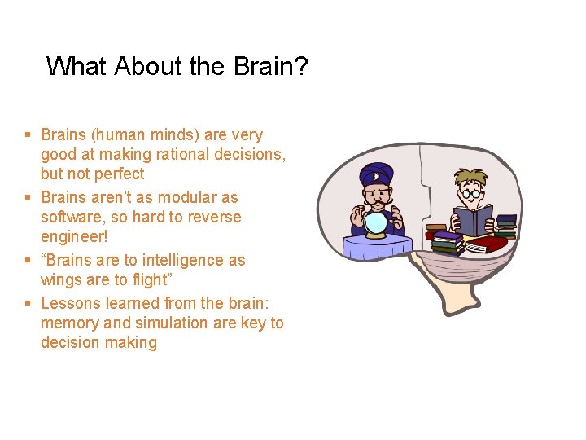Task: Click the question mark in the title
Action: point(300,66)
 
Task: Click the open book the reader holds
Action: point(473,220)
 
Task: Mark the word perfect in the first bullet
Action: point(119,174)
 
